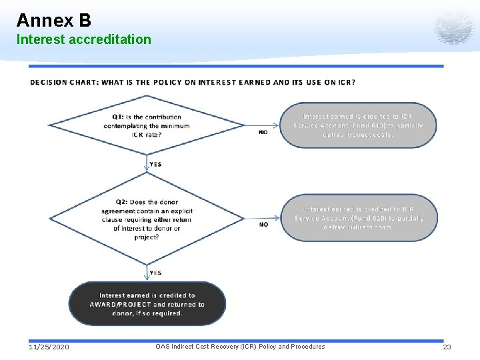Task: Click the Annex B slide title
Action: (53, 19)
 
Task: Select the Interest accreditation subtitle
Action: (84, 39)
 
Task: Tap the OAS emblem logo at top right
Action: (453, 27)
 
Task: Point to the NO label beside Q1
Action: (263, 132)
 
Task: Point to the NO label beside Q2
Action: (263, 225)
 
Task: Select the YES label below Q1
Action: (155, 164)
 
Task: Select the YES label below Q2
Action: (155, 273)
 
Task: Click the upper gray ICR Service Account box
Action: (358, 125)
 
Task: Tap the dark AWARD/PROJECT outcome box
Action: (147, 304)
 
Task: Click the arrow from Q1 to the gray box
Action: (260, 125)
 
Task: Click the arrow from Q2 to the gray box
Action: (260, 218)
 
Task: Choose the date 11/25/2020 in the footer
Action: (49, 347)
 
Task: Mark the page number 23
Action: (447, 347)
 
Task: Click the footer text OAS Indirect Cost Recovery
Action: (240, 347)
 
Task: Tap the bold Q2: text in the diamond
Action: (122, 202)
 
